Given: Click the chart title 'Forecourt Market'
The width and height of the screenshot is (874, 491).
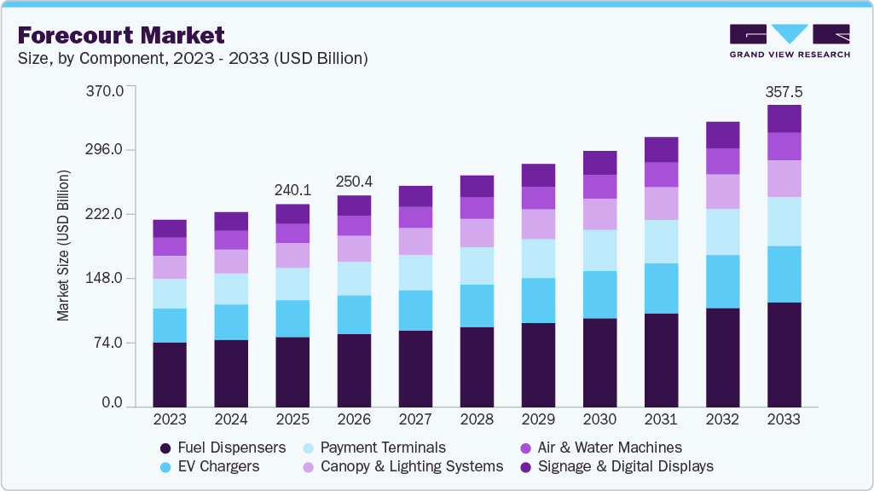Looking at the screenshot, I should [121, 35].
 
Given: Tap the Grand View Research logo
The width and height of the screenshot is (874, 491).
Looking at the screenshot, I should [789, 41].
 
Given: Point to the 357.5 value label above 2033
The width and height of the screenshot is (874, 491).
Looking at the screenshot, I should [784, 91].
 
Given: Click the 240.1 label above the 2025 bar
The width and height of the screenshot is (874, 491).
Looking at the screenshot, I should [292, 190].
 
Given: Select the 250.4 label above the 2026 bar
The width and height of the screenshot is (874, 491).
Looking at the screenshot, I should [354, 182].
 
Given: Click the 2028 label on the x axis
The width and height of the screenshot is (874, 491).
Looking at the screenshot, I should [477, 419].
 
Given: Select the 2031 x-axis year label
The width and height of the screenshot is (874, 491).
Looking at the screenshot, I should [661, 419].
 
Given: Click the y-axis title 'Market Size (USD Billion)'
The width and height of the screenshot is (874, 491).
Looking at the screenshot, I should [63, 245].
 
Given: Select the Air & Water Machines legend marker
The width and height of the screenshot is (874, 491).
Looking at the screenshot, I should [525, 448].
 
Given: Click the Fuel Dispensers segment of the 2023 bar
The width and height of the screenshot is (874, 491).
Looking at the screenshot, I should [170, 374].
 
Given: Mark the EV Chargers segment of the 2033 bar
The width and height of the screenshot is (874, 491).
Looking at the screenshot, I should [784, 274].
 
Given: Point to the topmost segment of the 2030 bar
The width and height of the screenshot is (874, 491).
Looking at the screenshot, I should [599, 163].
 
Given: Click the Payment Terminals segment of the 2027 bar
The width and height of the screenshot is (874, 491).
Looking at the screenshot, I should [415, 272].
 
